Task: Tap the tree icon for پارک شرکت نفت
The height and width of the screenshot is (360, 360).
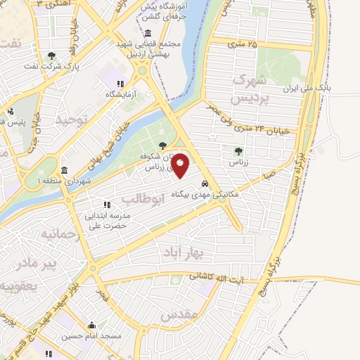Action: point(51,56)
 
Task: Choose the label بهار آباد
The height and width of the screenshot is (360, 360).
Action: point(186,251)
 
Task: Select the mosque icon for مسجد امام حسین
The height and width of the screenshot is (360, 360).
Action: point(91,325)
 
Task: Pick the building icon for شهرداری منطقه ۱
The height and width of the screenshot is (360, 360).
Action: point(64,171)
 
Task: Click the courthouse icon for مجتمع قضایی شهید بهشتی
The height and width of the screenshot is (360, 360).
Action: point(148,34)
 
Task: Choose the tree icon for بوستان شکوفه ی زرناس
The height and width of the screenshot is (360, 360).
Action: point(163,146)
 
